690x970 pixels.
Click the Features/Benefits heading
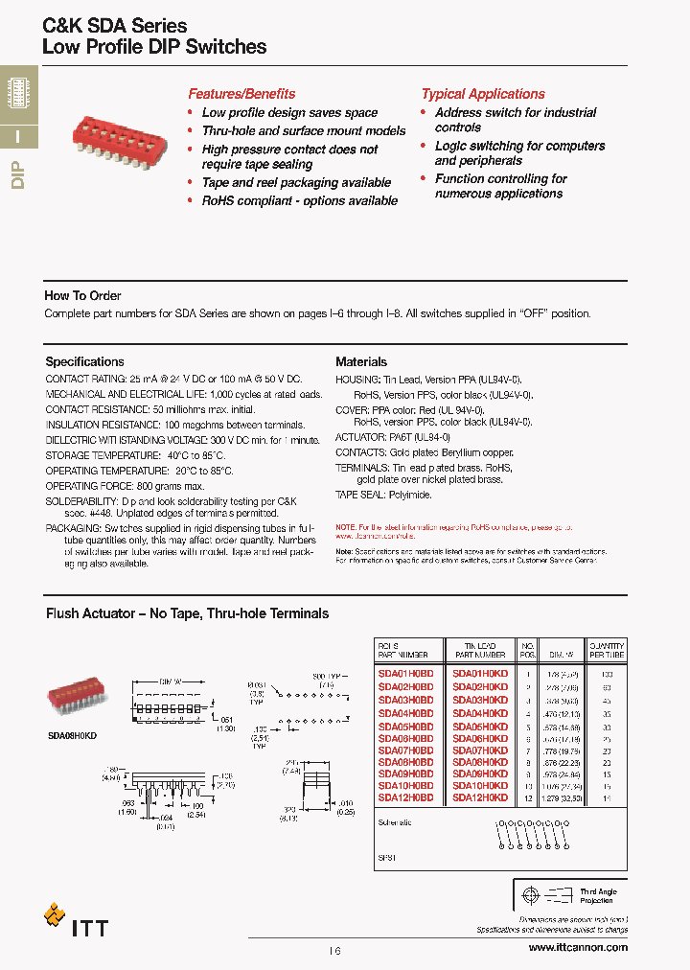[241, 94]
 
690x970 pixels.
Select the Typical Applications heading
[483, 94]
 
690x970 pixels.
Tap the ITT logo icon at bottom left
[55, 915]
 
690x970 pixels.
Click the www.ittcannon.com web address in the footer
[578, 947]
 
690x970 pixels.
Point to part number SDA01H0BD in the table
[405, 674]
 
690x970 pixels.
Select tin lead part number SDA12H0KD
[480, 797]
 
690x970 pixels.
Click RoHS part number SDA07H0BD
[405, 749]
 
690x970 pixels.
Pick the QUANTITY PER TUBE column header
[607, 650]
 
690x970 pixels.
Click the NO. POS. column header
[527, 650]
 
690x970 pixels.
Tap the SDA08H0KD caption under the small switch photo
[72, 732]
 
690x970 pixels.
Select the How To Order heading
[82, 296]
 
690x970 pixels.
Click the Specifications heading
[84, 362]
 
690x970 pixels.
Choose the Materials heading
[361, 362]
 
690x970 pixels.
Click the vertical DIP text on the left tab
[17, 177]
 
